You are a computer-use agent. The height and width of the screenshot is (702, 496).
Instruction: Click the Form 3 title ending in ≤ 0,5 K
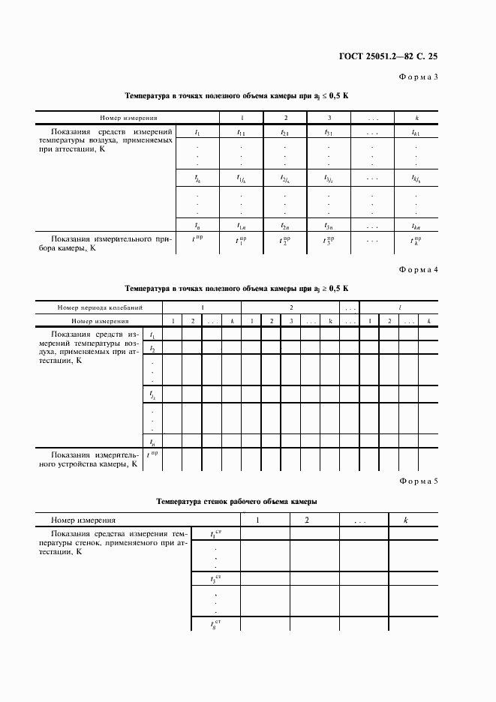pos(236,97)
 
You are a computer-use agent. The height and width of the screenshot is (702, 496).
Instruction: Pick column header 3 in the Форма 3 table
pos(329,118)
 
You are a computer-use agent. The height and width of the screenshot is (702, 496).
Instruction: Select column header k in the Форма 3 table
pos(416,118)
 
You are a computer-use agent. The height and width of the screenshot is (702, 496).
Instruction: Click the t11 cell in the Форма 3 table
pos(241,133)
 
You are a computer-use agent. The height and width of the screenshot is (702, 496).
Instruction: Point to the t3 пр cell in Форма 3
pos(329,241)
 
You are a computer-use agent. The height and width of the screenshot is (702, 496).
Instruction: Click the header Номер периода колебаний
pos(100,307)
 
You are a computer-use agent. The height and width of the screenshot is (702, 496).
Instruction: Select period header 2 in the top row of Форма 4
pos(290,307)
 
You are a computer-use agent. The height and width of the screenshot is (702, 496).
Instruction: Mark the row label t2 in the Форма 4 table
pos(152,348)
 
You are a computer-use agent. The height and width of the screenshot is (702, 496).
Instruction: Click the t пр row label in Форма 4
pos(152,455)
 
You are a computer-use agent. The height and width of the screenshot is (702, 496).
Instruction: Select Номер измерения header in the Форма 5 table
pos(83,520)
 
